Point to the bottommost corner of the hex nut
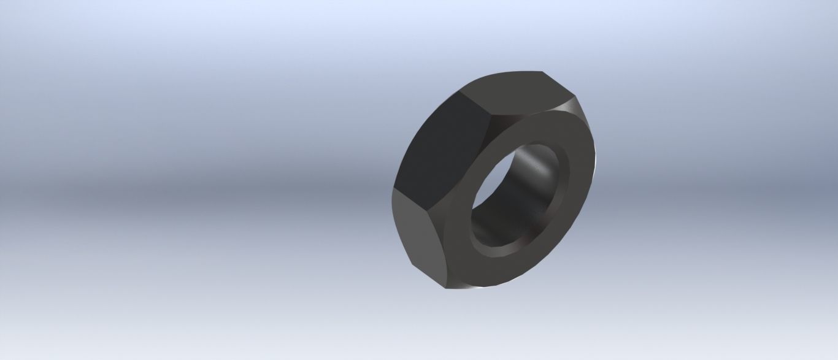click(447, 289)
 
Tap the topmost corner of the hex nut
click(542, 71)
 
